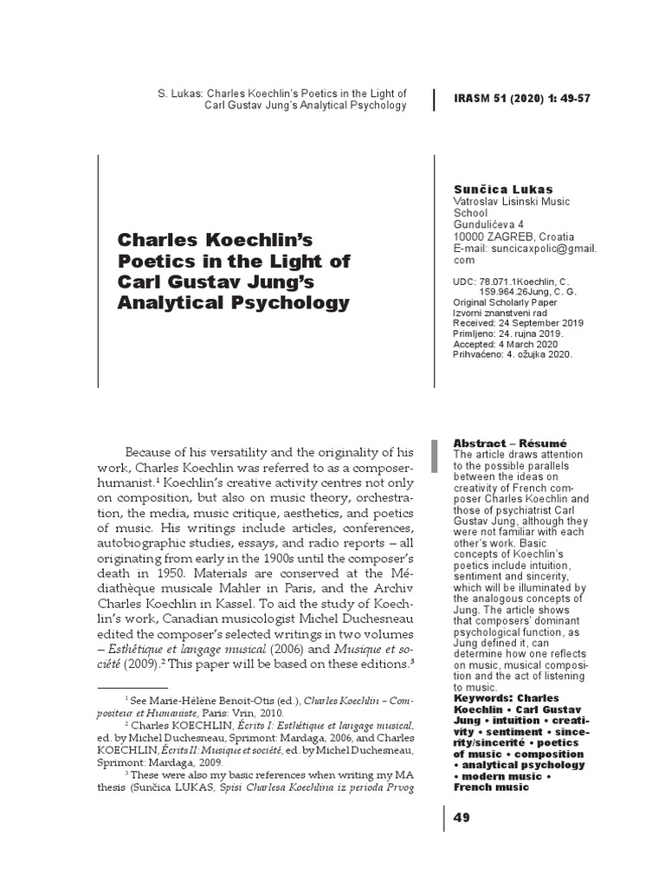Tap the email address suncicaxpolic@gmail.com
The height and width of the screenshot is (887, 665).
point(525,254)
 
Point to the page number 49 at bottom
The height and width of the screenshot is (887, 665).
point(462,819)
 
